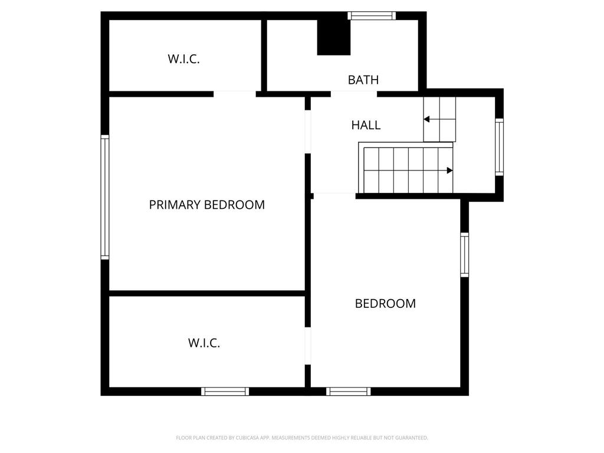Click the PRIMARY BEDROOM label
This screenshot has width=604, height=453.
pos(207,205)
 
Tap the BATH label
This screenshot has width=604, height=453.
pos(363,80)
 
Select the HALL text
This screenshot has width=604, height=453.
pos(366,125)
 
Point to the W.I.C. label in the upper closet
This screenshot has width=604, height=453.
pos(184,59)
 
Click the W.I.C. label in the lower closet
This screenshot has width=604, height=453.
pos(204,343)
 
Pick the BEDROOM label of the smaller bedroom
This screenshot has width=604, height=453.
pos(385,304)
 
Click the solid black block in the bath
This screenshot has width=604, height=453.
pos(334,37)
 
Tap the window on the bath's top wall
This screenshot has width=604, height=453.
pos(372,16)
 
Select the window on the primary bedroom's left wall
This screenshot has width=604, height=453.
pos(105,197)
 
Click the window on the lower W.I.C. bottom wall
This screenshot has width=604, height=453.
pos(225,392)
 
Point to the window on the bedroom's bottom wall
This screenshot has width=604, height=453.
pos(349,392)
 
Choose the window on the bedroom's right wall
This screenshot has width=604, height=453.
pos(465,255)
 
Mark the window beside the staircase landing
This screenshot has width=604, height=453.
pos(499,147)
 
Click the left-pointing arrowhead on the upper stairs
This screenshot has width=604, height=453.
pos(426,119)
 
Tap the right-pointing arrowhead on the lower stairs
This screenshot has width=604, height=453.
pos(449,170)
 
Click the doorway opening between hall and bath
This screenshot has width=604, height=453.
pos(354,94)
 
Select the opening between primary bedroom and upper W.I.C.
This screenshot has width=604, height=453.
pos(235,94)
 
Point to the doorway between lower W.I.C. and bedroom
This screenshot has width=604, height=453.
pos(308,346)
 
